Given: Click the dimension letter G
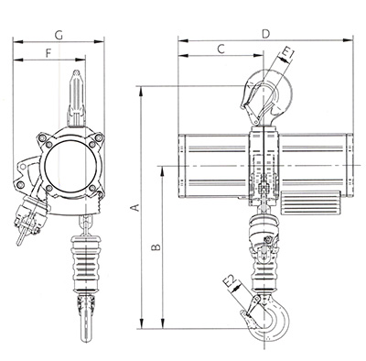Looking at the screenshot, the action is point(59,36).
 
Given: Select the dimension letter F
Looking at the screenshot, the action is point(48,53).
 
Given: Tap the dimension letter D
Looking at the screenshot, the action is point(266,34).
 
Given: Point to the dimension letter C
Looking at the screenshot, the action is point(221,49).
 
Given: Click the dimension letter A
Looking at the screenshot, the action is point(136,208).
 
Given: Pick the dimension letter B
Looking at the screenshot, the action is point(156,246).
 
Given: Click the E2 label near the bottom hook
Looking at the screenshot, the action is point(231,282).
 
